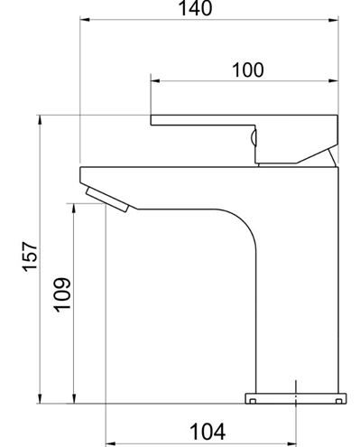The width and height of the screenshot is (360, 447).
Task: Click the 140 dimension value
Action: click(x=195, y=8)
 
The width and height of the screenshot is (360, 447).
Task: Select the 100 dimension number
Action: click(x=248, y=70)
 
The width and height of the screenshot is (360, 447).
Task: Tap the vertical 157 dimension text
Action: click(x=31, y=256)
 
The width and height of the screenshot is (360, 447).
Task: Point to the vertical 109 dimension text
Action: click(x=62, y=294)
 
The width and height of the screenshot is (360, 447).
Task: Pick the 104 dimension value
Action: click(x=208, y=432)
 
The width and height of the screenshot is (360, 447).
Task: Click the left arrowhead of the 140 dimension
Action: click(x=85, y=20)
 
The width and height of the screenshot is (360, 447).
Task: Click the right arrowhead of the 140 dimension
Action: click(x=333, y=20)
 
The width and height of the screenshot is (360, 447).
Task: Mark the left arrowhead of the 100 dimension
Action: click(x=155, y=80)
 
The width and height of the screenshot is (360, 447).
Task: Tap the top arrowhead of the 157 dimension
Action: click(x=40, y=120)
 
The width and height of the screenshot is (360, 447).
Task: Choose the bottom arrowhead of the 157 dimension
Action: click(x=40, y=398)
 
